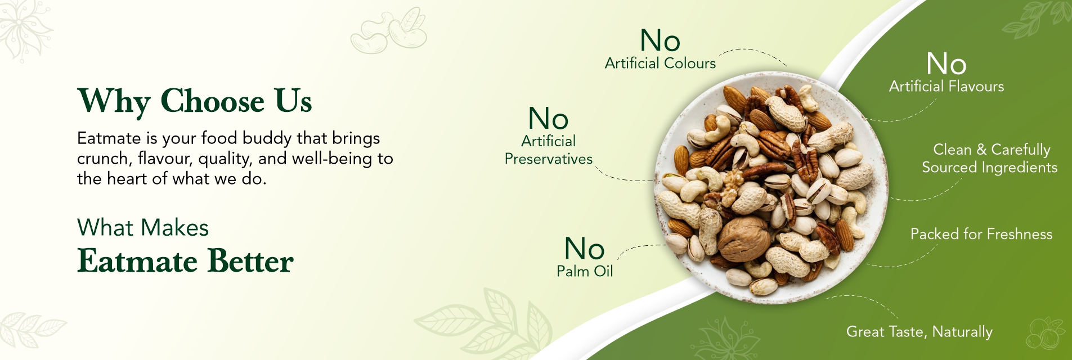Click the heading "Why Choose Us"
[194, 102]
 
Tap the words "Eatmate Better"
[185, 261]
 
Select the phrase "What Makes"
[143, 228]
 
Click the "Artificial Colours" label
[660, 63]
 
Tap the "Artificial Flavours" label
[947, 86]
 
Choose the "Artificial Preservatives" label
[549, 150]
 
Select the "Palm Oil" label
[585, 271]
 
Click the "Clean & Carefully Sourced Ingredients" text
[990, 159]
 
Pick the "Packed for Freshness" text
[981, 234]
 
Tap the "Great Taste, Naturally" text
[920, 332]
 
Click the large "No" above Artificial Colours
[660, 40]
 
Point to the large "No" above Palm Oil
[585, 249]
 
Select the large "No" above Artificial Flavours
[947, 64]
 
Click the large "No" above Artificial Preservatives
[549, 119]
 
